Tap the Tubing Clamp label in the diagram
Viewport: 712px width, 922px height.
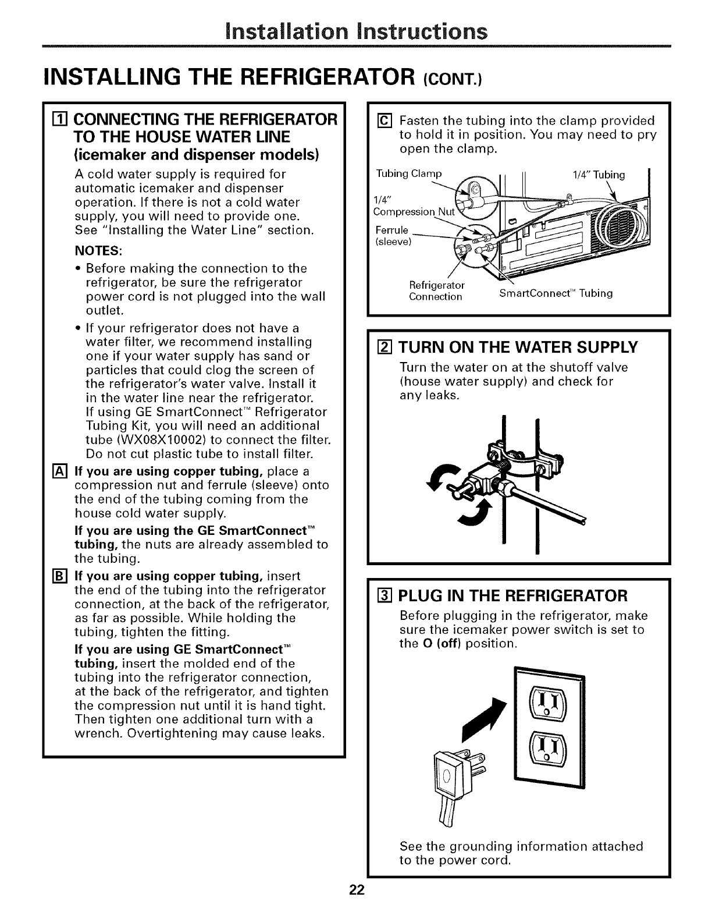(x=409, y=173)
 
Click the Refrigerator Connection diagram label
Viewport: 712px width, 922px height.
(x=437, y=290)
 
